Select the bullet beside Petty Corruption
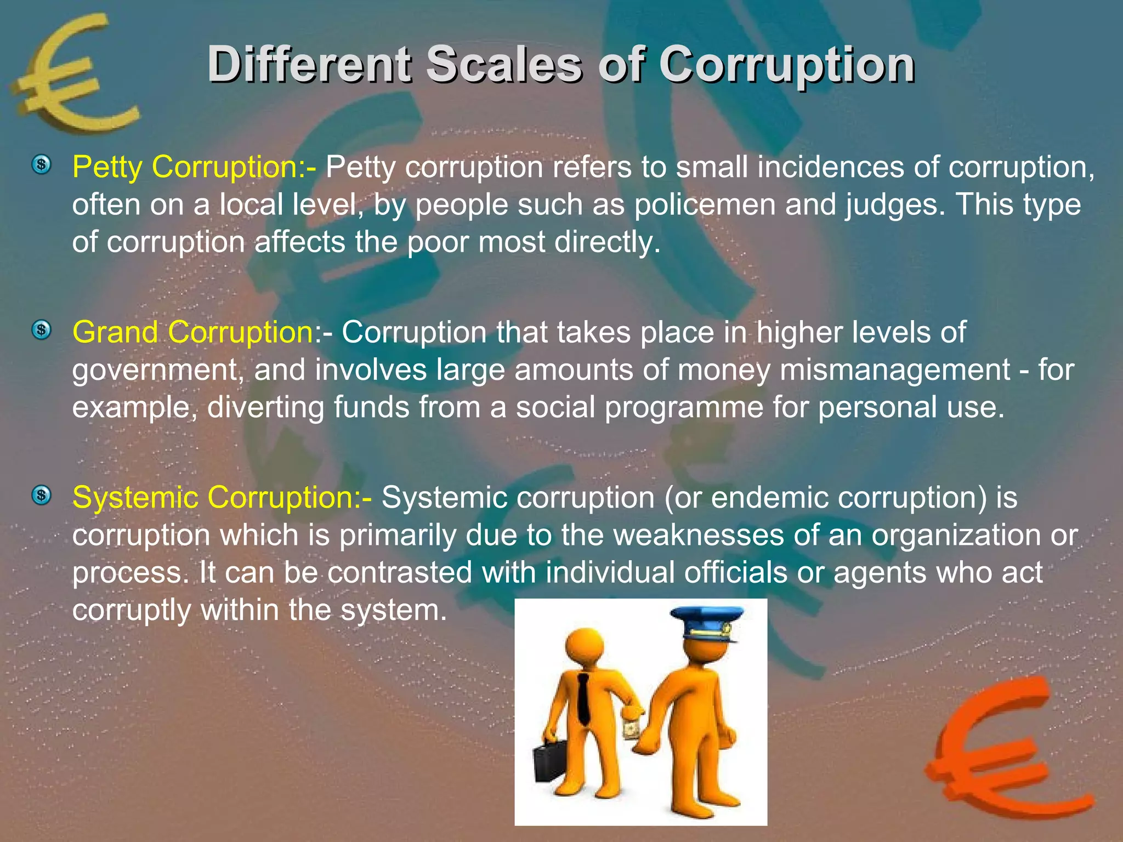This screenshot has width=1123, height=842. (41, 164)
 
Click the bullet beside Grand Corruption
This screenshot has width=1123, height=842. (41, 330)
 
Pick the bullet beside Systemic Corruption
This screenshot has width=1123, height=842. (41, 496)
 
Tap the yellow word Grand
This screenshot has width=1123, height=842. (115, 333)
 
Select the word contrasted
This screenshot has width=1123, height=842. (400, 573)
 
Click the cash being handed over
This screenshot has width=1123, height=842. (632, 730)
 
